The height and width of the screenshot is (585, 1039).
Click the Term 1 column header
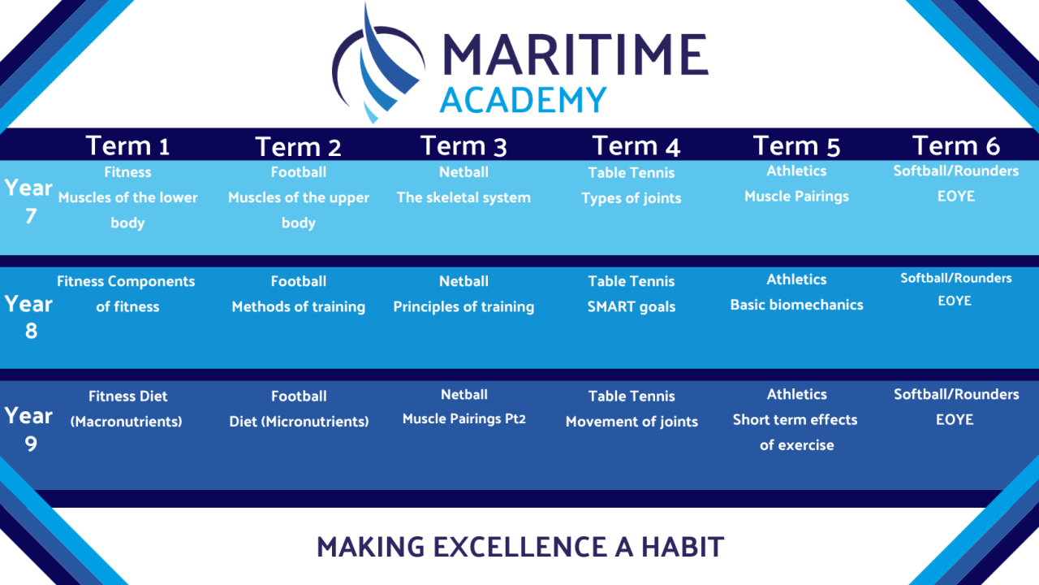pyautogui.click(x=127, y=145)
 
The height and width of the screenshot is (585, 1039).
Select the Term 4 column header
pyautogui.click(x=636, y=146)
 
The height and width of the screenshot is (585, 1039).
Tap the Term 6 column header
pyautogui.click(x=956, y=145)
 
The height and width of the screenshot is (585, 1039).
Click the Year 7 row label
pyautogui.click(x=28, y=202)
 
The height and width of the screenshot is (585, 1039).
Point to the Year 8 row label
pyautogui.click(x=28, y=318)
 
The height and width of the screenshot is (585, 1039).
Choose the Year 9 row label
pyautogui.click(x=28, y=430)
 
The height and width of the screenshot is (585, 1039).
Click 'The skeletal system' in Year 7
pyautogui.click(x=463, y=197)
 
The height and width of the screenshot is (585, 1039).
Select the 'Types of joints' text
pyautogui.click(x=632, y=198)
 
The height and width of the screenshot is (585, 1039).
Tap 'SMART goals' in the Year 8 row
pyautogui.click(x=632, y=307)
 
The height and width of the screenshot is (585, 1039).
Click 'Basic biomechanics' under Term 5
pyautogui.click(x=796, y=305)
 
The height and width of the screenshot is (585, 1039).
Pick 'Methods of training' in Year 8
pyautogui.click(x=298, y=307)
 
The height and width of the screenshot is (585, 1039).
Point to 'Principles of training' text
pyautogui.click(x=463, y=307)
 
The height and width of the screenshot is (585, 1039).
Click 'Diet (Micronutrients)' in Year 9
pyautogui.click(x=299, y=422)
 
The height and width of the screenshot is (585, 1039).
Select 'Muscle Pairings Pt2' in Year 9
pyautogui.click(x=463, y=418)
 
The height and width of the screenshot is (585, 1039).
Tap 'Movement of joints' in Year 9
pyautogui.click(x=632, y=422)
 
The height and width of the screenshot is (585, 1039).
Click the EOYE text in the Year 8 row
pyautogui.click(x=955, y=301)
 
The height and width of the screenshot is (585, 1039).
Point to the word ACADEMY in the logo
pyautogui.click(x=524, y=100)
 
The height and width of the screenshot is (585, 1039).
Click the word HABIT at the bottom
pyautogui.click(x=683, y=547)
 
